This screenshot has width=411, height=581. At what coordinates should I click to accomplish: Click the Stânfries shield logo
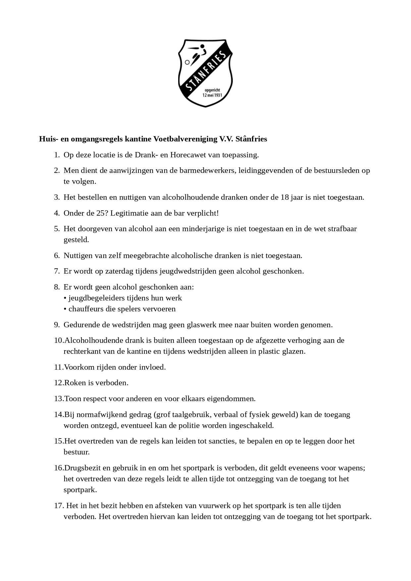click(205, 73)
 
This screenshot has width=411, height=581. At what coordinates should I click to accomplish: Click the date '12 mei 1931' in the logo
click(212, 95)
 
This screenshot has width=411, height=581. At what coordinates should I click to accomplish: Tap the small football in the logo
click(187, 62)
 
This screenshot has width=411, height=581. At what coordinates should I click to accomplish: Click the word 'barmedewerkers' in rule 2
click(207, 171)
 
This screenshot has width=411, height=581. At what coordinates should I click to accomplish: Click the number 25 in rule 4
click(102, 213)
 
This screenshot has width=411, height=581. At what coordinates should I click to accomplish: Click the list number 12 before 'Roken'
click(58, 383)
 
